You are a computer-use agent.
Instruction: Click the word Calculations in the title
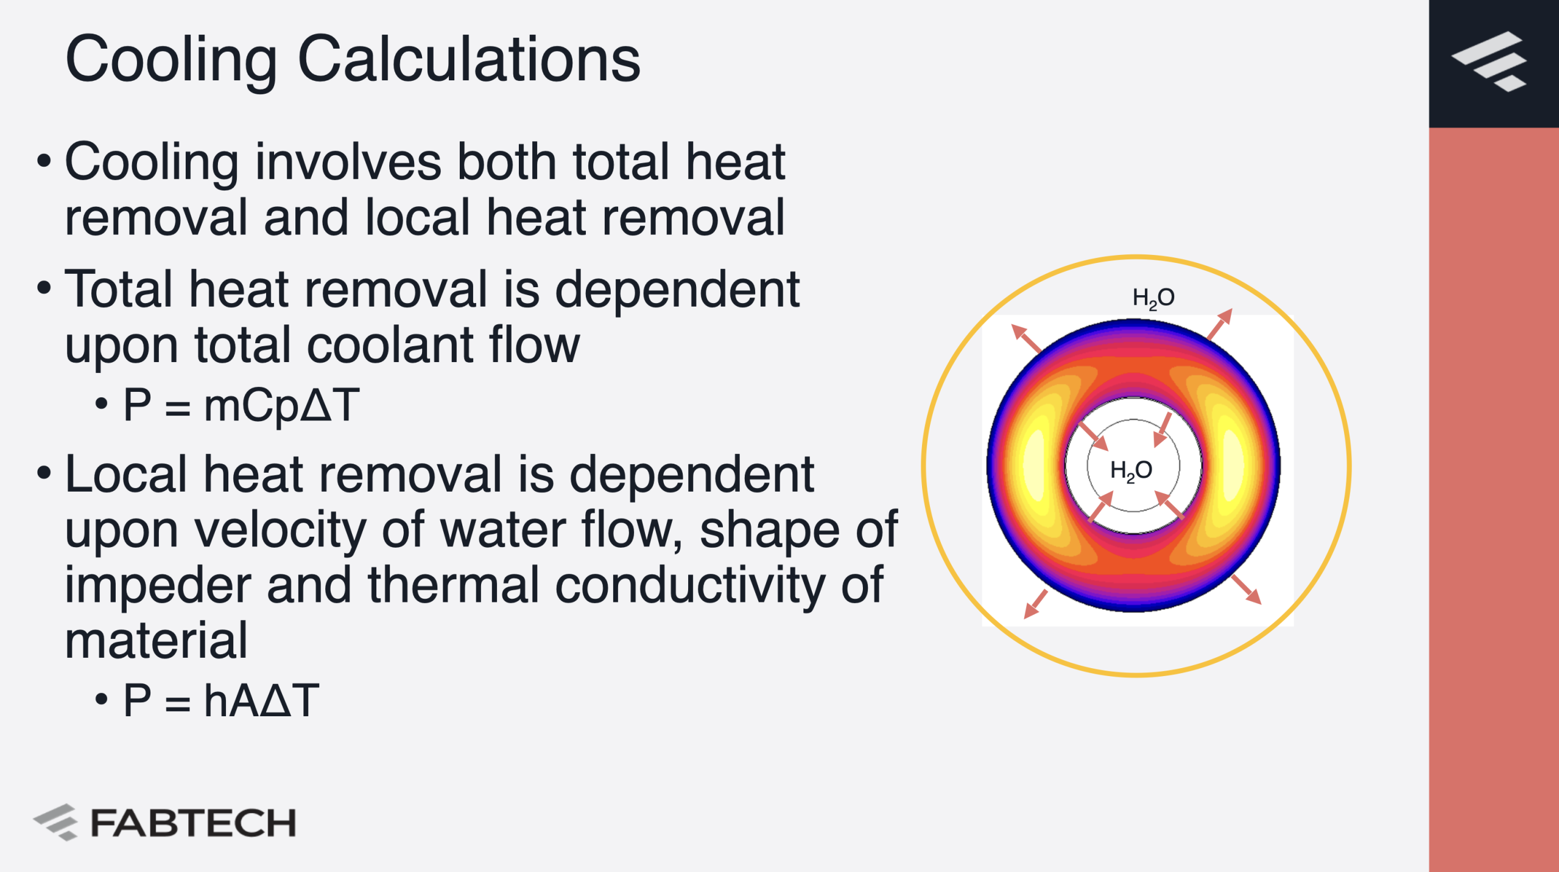pyautogui.click(x=469, y=59)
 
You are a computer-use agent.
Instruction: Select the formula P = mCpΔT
pyautogui.click(x=241, y=406)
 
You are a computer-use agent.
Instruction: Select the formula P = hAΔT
pyautogui.click(x=221, y=700)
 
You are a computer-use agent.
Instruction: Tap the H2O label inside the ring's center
pyautogui.click(x=1131, y=470)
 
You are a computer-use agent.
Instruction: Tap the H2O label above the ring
pyautogui.click(x=1153, y=298)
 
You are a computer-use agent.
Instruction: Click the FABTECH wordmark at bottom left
pyautogui.click(x=193, y=823)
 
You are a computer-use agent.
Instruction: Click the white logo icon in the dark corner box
pyautogui.click(x=1489, y=61)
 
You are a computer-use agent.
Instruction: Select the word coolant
pyautogui.click(x=388, y=345)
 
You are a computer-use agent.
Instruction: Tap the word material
pyautogui.click(x=157, y=641)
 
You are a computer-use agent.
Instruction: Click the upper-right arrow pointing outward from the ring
pyautogui.click(x=1220, y=324)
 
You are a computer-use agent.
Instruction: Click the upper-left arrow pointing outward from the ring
pyautogui.click(x=1026, y=339)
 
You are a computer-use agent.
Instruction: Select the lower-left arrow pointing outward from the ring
pyautogui.click(x=1036, y=604)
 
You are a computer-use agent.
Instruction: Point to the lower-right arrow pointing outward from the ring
pyautogui.click(x=1246, y=590)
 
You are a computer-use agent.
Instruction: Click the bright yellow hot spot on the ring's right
pyautogui.click(x=1232, y=466)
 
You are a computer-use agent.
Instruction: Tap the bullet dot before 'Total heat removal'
pyautogui.click(x=44, y=288)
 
